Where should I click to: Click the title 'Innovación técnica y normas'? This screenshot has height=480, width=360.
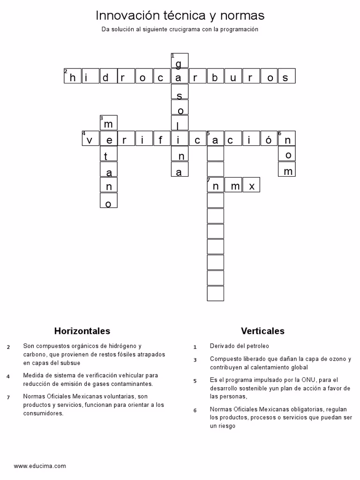180,15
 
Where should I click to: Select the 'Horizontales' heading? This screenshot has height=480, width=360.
82,331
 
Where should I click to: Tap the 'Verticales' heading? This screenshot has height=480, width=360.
262,331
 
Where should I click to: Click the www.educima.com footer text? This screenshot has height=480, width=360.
40,466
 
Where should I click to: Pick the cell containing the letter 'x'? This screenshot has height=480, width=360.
251,185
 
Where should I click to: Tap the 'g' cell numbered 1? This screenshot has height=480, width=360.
180,61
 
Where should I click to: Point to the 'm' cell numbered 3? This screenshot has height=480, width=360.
108,123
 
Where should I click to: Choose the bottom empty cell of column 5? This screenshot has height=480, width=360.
215,293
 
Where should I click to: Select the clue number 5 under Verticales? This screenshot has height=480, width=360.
195,381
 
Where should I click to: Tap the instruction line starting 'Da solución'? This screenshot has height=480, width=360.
180,29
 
